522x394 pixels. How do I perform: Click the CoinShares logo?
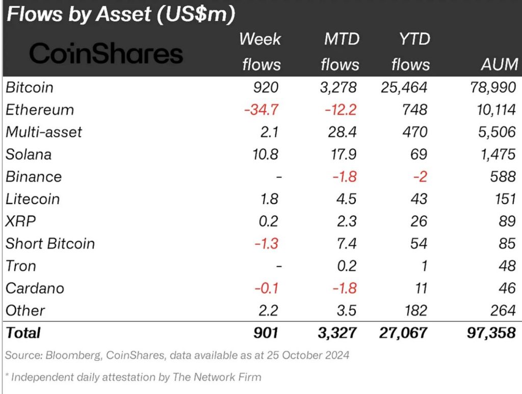click(106, 53)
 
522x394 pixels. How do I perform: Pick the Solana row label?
click(29, 154)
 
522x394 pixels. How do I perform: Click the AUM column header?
click(499, 65)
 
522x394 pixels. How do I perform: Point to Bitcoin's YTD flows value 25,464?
click(404, 87)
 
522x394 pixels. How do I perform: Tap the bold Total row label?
click(23, 333)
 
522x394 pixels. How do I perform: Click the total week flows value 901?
click(267, 333)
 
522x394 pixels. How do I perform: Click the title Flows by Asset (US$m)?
click(120, 15)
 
